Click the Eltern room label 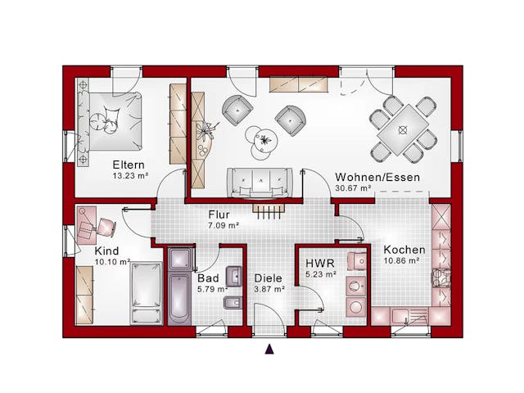pyautogui.click(x=129, y=163)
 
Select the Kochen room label pyautogui.click(x=404, y=250)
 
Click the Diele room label pyautogui.click(x=268, y=278)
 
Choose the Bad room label pyautogui.click(x=207, y=278)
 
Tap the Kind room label pyautogui.click(x=106, y=250)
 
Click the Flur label pyautogui.click(x=219, y=215)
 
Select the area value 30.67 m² pyautogui.click(x=354, y=188)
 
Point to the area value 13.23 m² pyautogui.click(x=129, y=174)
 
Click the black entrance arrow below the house pyautogui.click(x=269, y=350)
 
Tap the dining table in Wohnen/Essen pyautogui.click(x=402, y=129)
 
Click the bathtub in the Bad pyautogui.click(x=179, y=295)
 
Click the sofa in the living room pyautogui.click(x=260, y=181)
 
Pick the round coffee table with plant pyautogui.click(x=264, y=142)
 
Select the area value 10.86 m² pyautogui.click(x=402, y=261)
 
